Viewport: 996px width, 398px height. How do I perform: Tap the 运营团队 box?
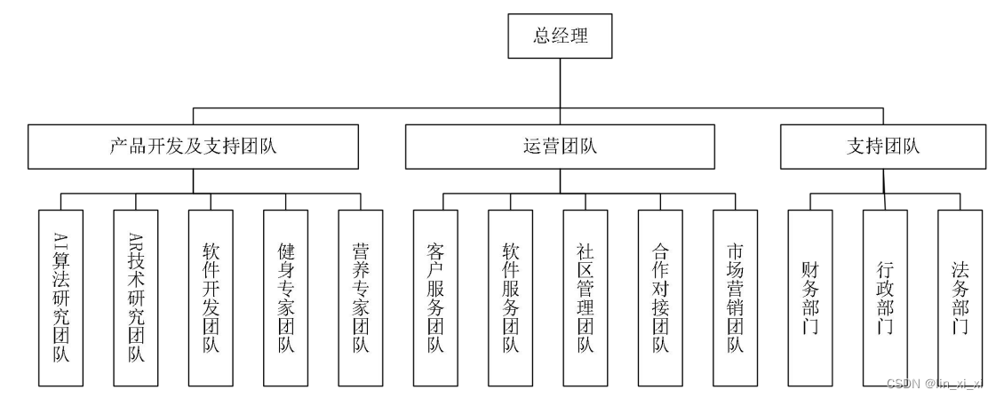pyautogui.click(x=560, y=147)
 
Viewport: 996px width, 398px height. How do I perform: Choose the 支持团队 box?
pyautogui.click(x=883, y=147)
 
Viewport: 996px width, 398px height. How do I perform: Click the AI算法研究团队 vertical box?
pyautogui.click(x=61, y=297)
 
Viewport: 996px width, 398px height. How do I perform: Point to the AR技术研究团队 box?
pyautogui.click(x=136, y=297)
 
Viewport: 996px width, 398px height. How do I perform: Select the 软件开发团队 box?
pyautogui.click(x=211, y=297)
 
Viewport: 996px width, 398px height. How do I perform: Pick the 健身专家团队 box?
pyautogui.click(x=285, y=297)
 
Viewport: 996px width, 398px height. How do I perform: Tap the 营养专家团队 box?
pyautogui.click(x=361, y=297)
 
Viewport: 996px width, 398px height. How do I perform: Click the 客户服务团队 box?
pyautogui.click(x=435, y=297)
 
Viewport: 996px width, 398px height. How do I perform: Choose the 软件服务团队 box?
pyautogui.click(x=510, y=297)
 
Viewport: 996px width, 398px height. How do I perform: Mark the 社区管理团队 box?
pyautogui.click(x=586, y=297)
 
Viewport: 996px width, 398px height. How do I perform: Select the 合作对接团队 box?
pyautogui.click(x=660, y=297)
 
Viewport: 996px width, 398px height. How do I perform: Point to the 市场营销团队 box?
pyautogui.click(x=735, y=297)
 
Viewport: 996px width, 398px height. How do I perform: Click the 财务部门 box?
pyautogui.click(x=810, y=297)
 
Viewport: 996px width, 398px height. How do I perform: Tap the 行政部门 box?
pyautogui.click(x=885, y=297)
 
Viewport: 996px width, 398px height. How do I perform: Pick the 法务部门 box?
pyautogui.click(x=960, y=297)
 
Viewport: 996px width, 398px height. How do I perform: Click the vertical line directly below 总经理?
pyautogui.click(x=560, y=84)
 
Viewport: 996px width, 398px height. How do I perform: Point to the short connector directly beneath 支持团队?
pyautogui.click(x=883, y=179)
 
